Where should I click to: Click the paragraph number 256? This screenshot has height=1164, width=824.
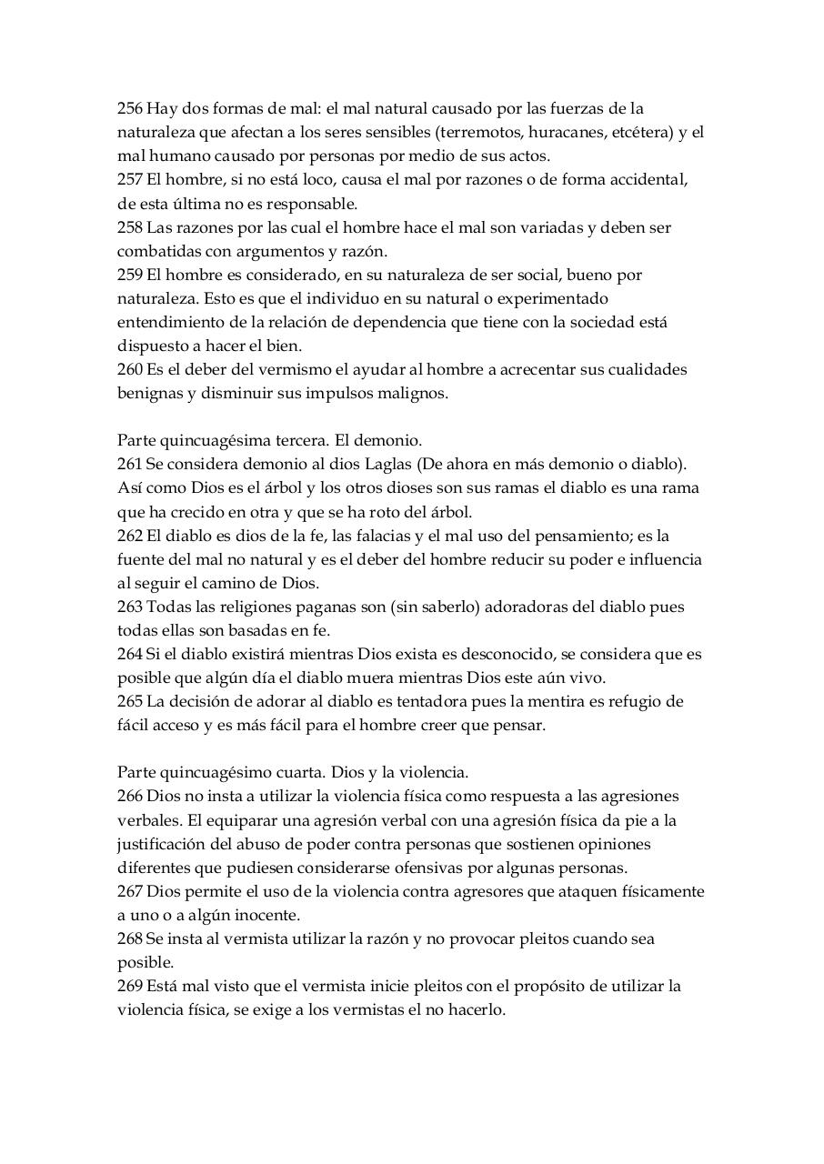130,108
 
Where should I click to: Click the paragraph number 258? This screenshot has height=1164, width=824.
130,226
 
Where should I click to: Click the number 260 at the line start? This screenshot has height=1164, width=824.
130,369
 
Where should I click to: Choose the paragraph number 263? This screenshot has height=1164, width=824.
130,607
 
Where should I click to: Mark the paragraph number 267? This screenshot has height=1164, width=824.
130,891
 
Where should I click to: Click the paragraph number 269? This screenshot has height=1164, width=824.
130,986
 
